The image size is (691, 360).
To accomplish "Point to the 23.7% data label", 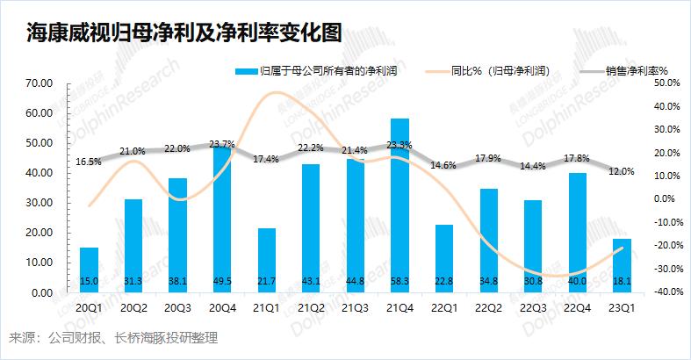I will (223, 144).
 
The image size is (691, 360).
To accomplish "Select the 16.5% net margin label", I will (89, 162).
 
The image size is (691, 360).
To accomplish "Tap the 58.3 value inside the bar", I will (399, 281).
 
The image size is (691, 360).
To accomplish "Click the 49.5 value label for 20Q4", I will (223, 281).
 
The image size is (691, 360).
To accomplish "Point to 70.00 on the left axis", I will (40, 83).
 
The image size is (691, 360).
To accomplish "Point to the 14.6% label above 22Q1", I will (443, 165).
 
